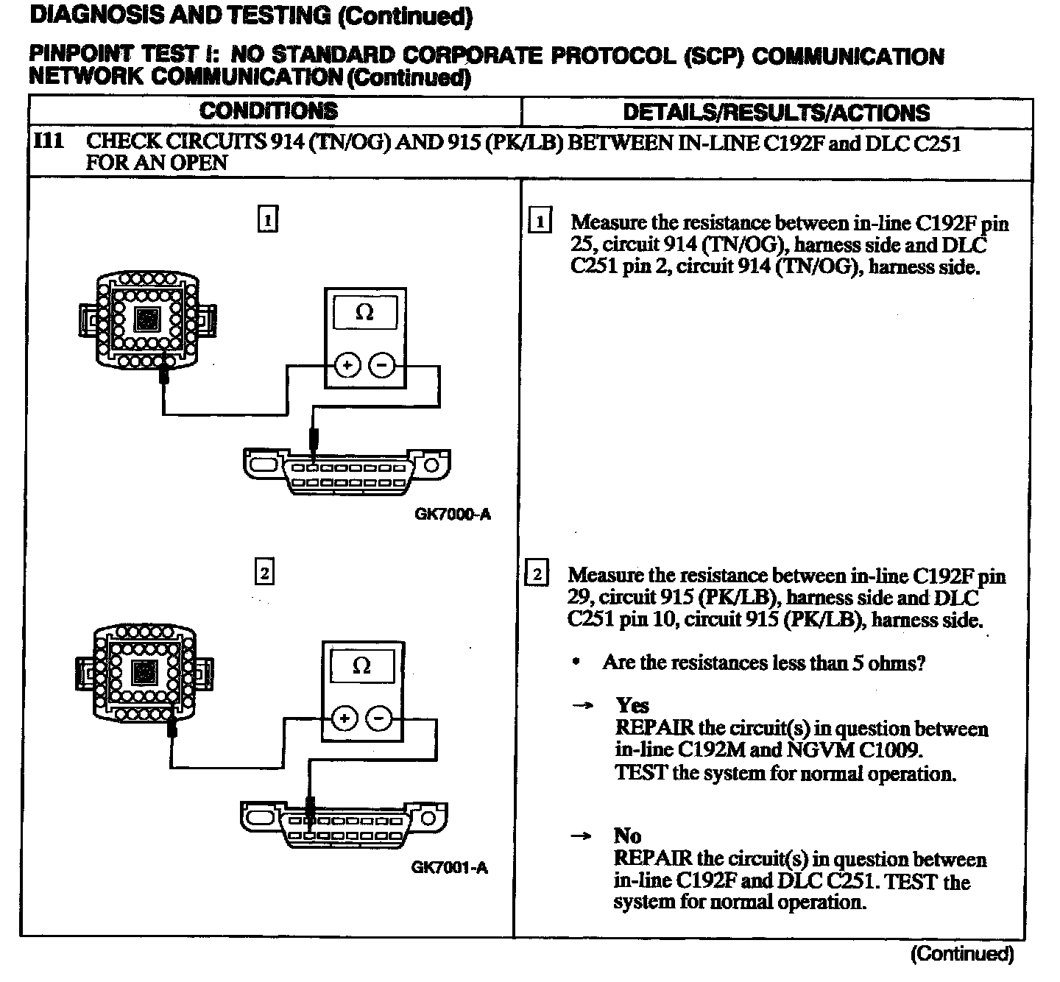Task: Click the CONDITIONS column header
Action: [x=269, y=111]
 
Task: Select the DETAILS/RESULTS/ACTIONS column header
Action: [x=776, y=113]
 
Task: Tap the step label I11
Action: [x=50, y=141]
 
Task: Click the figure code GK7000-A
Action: [x=452, y=515]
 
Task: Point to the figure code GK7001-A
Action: [x=449, y=867]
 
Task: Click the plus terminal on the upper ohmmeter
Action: [x=347, y=365]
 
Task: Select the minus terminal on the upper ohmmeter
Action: [x=381, y=365]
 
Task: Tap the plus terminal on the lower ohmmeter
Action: [x=344, y=718]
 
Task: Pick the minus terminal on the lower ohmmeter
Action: [x=378, y=718]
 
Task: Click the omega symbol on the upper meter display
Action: [x=364, y=313]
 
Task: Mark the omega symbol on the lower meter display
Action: [x=361, y=665]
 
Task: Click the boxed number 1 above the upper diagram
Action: [x=267, y=219]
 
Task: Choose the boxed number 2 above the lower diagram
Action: [x=264, y=572]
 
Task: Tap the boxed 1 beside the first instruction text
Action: [x=540, y=222]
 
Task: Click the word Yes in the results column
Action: [x=632, y=705]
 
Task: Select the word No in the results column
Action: [x=627, y=836]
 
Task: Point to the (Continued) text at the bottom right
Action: [x=961, y=954]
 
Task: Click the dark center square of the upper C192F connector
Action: [x=147, y=319]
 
